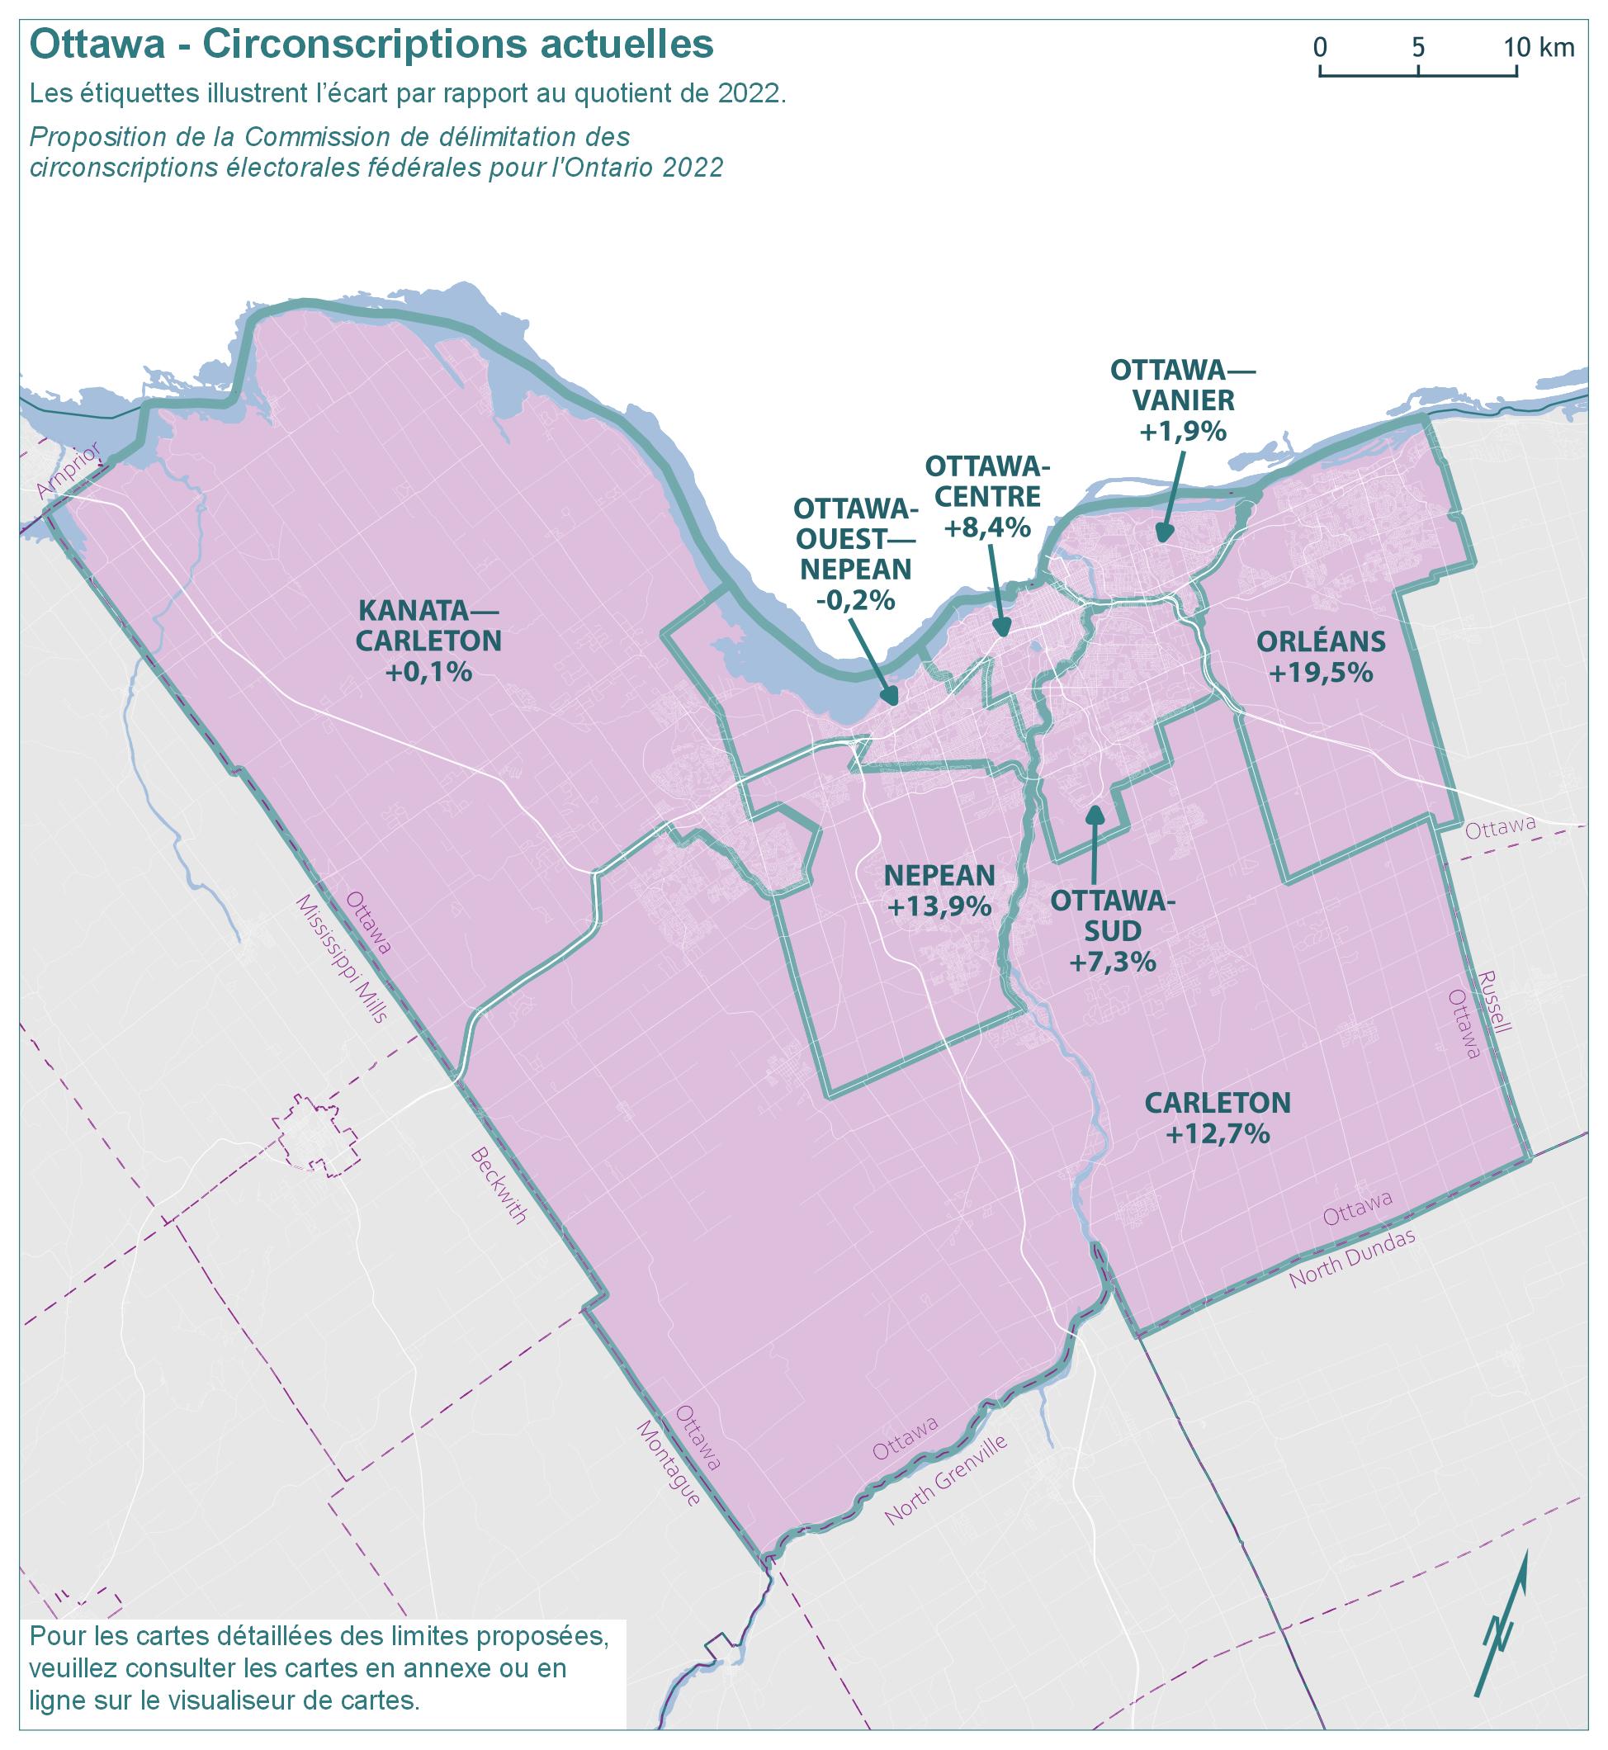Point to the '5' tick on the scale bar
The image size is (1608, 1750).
pos(1418,47)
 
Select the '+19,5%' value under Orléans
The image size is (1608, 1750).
pos(1321,674)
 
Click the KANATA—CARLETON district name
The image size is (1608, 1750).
pos(429,626)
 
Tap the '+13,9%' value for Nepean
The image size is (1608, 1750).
pos(939,906)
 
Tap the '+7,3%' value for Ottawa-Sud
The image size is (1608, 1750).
pos(1112,962)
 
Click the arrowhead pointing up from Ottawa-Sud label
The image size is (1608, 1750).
pos(1095,815)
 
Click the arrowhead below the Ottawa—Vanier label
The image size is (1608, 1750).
pos(1162,533)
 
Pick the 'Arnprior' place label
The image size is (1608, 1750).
pos(69,471)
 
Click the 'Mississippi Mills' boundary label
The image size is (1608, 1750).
pos(340,958)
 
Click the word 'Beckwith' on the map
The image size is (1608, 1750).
pos(499,1186)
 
